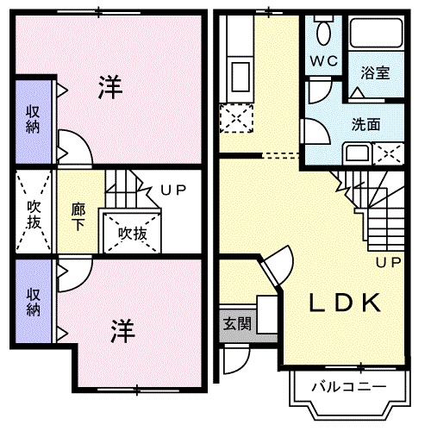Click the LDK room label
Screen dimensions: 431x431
[x=345, y=303]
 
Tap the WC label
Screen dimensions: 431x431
[x=324, y=61]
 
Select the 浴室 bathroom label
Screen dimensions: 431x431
[x=375, y=73]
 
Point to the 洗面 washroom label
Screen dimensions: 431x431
[x=365, y=123]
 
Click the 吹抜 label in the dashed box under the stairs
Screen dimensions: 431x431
[x=131, y=233]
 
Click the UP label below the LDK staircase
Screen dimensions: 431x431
[x=385, y=261]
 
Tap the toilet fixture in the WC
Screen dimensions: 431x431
[x=324, y=33]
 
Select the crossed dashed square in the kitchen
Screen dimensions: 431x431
[x=234, y=118]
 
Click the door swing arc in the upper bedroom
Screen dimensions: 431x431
[x=72, y=145]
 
